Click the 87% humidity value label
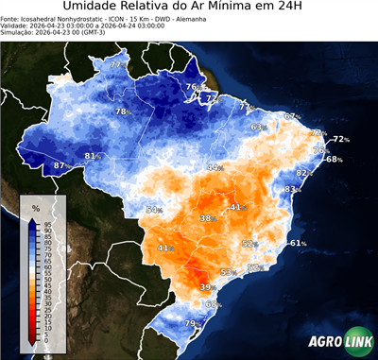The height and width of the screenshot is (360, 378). [60, 166]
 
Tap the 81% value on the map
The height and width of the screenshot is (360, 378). [93, 156]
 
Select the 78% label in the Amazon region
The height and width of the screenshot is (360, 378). [122, 112]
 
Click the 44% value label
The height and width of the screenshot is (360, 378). [215, 167]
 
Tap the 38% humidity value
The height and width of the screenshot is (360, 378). [207, 218]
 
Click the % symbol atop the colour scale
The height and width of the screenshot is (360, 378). [35, 207]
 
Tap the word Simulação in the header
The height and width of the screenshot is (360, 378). [18, 34]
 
